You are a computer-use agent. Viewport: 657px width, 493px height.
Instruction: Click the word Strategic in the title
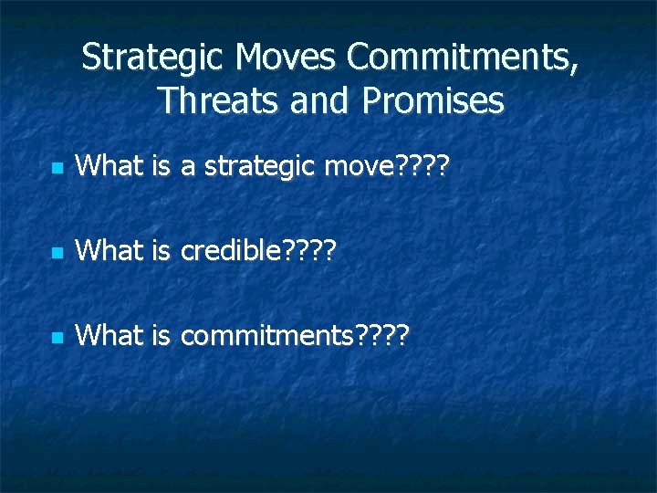pyautogui.click(x=154, y=58)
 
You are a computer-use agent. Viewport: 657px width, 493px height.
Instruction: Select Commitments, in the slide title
pyautogui.click(x=462, y=58)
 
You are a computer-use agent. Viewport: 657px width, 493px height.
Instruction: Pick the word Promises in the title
pyautogui.click(x=433, y=100)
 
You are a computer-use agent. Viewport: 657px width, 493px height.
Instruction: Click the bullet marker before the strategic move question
pyautogui.click(x=57, y=169)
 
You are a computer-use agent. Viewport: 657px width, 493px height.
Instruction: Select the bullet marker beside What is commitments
pyautogui.click(x=57, y=337)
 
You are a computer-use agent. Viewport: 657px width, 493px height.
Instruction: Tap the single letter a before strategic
pyautogui.click(x=189, y=167)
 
